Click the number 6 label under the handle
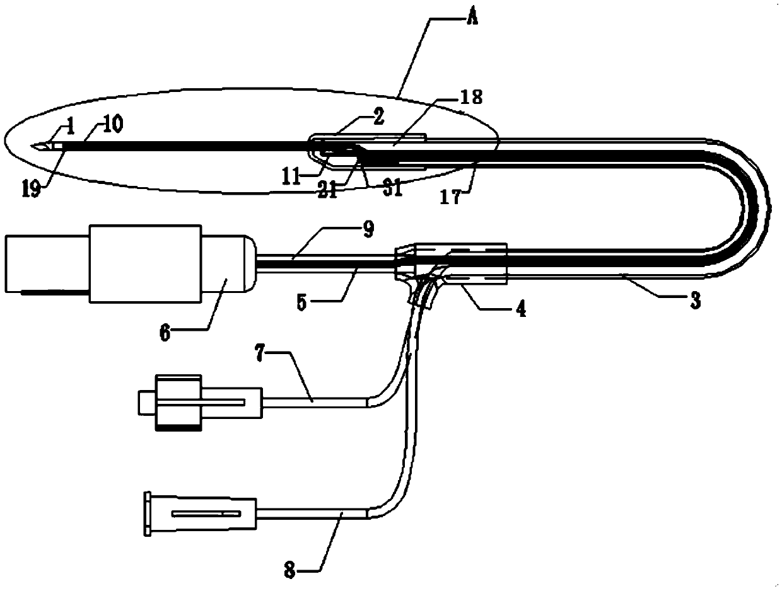pyautogui.click(x=165, y=333)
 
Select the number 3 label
pyautogui.click(x=694, y=302)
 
